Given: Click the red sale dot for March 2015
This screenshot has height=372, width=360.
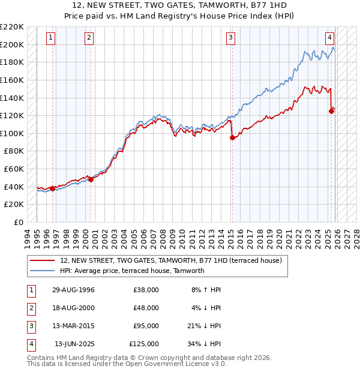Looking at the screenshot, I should coord(232,137).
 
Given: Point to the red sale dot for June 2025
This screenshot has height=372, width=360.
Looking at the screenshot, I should coord(331,110).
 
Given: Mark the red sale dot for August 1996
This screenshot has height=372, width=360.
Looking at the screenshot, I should coord(53,188).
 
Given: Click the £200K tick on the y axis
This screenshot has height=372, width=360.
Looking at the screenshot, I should coord(12,44).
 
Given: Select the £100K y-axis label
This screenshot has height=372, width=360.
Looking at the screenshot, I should coord(12,133).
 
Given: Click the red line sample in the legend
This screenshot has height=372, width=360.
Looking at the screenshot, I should coord(42,261).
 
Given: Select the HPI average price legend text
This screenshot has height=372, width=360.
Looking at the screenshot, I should coord(133,271).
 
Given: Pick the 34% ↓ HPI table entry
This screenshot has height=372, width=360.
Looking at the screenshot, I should coord(204,344).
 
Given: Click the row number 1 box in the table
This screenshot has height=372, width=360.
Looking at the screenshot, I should coord(31,290).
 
